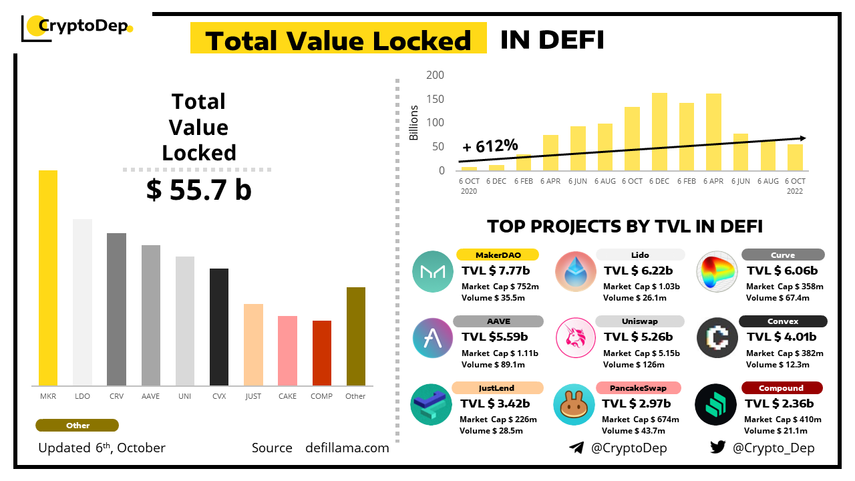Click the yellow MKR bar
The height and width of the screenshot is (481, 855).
[x=48, y=278]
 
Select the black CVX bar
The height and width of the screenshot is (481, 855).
[x=219, y=327]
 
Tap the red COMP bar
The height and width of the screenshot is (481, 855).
[x=321, y=353]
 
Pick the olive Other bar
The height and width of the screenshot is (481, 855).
[x=355, y=336]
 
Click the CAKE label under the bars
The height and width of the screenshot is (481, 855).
[x=287, y=396]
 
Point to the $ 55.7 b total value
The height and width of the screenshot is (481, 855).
[x=199, y=190]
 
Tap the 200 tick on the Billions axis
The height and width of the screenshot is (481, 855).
[x=435, y=75]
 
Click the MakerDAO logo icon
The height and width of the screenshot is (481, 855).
[x=433, y=271]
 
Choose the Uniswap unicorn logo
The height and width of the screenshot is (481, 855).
[x=575, y=338]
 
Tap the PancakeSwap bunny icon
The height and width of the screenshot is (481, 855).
[x=574, y=405]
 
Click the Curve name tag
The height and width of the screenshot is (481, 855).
[x=782, y=255]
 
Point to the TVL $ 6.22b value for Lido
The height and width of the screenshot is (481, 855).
[x=638, y=271]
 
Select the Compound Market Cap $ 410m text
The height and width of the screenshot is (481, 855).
[x=783, y=420]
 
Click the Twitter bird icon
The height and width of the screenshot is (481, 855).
[x=717, y=448]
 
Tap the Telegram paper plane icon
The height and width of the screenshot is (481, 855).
[x=576, y=448]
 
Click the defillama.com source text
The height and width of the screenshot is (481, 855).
[x=347, y=448]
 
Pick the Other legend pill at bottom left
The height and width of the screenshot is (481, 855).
[x=77, y=426]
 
